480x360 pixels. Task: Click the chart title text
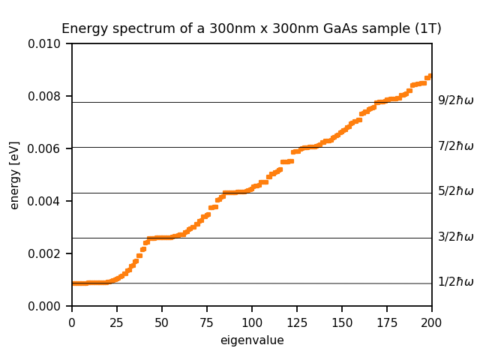(x=251, y=29)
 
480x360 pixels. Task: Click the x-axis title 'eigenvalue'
(x=252, y=340)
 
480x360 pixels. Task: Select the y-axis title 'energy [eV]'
(x=15, y=174)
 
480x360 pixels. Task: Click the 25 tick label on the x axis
(x=117, y=322)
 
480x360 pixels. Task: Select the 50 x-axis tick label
(x=162, y=322)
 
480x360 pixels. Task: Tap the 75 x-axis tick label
(x=207, y=322)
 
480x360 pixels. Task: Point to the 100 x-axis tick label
(x=252, y=322)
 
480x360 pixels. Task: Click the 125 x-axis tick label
(x=297, y=322)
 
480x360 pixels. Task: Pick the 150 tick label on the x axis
(x=342, y=322)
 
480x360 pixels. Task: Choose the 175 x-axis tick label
(x=387, y=322)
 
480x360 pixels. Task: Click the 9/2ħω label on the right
(x=456, y=100)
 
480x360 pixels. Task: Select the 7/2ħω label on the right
(x=456, y=146)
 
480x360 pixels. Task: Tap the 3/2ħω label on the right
(x=456, y=237)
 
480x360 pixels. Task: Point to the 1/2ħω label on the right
(x=456, y=282)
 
